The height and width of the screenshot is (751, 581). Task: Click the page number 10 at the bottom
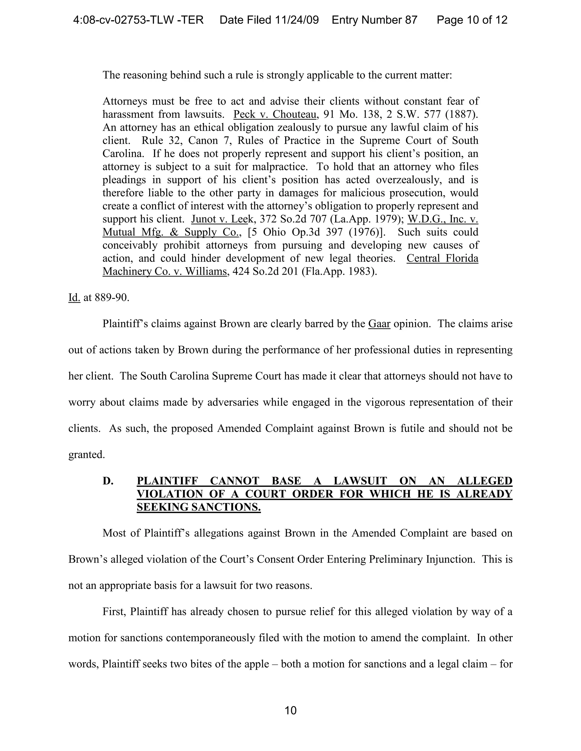290,710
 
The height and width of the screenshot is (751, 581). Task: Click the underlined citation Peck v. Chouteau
275,114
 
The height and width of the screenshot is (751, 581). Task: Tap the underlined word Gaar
379,324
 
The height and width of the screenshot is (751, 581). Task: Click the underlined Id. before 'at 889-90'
74,298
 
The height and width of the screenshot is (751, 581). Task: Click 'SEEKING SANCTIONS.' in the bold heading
199,507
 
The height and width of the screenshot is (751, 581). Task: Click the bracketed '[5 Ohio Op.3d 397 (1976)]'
316,232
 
